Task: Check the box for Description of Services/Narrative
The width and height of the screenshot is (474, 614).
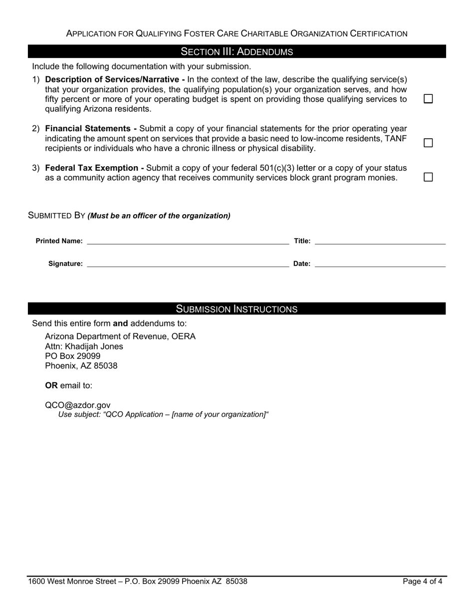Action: point(428,99)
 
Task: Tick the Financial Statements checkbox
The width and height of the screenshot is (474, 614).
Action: point(428,143)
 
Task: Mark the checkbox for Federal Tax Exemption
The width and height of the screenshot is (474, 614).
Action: point(428,177)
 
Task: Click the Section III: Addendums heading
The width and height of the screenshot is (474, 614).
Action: point(237,52)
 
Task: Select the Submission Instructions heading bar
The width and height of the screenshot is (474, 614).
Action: point(237,309)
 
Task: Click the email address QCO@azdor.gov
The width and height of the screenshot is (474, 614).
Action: point(78,405)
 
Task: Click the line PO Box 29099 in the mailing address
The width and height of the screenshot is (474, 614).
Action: point(73,356)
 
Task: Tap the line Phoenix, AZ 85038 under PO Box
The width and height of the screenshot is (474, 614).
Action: point(81,366)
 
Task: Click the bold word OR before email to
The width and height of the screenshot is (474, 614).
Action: point(51,385)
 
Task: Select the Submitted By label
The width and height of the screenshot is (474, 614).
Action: point(57,216)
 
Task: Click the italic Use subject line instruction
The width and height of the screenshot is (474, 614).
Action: point(164,414)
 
